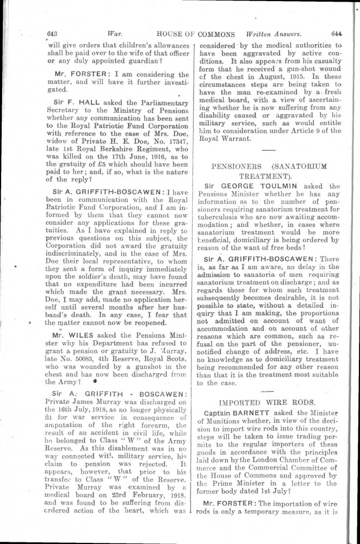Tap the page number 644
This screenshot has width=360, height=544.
pyautogui.click(x=336, y=34)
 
